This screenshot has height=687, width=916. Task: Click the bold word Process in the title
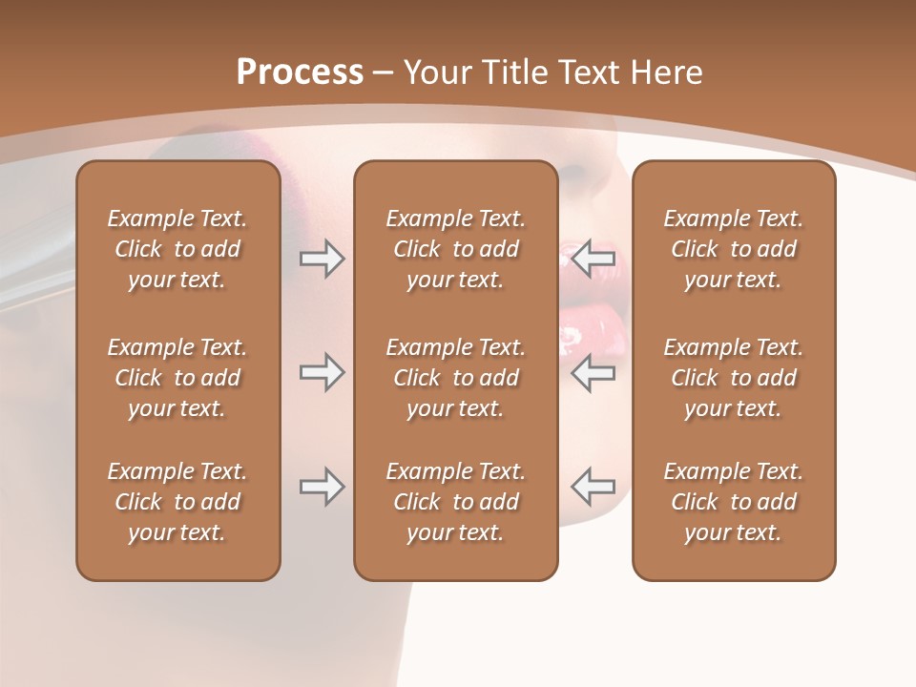coord(300,73)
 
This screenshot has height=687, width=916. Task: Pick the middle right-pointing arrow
coord(322,372)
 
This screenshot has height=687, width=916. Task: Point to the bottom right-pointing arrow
coord(322,487)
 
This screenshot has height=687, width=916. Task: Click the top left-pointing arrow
coord(593,257)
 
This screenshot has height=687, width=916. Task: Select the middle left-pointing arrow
coord(593,372)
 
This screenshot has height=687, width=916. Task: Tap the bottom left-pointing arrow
coord(593,487)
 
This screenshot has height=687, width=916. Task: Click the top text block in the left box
coord(177,249)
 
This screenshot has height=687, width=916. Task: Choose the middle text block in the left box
coord(177,378)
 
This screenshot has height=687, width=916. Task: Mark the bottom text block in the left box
coord(177,502)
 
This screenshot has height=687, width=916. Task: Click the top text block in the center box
coord(455,249)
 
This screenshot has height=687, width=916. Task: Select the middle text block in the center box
coord(455,378)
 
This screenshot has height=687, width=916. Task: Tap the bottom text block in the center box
coord(455,502)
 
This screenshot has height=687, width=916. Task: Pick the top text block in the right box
coord(733,249)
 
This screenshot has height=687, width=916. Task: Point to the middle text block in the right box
coord(733,378)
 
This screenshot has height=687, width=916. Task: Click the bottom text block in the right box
coord(733,502)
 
